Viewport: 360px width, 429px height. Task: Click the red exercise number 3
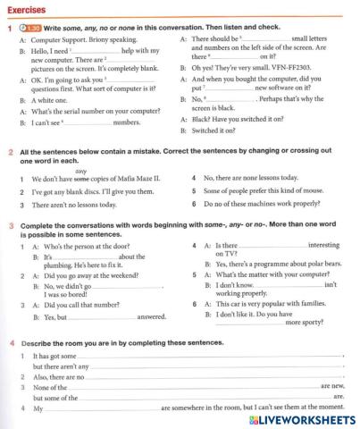pyautogui.click(x=10, y=227)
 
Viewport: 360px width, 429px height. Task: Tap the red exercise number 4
pyautogui.click(x=10, y=343)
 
